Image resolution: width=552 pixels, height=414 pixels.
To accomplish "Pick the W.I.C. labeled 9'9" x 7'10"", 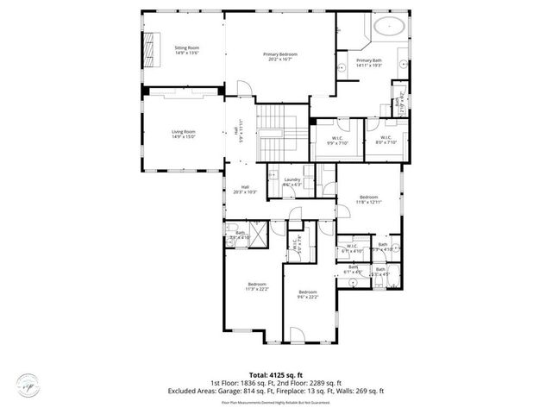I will (337, 140).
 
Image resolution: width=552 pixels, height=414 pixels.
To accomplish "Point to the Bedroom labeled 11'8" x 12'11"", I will (369, 200).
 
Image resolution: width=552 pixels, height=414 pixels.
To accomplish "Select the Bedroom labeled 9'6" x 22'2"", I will (307, 297).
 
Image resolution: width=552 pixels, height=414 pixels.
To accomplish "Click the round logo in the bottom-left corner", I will (28, 386).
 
